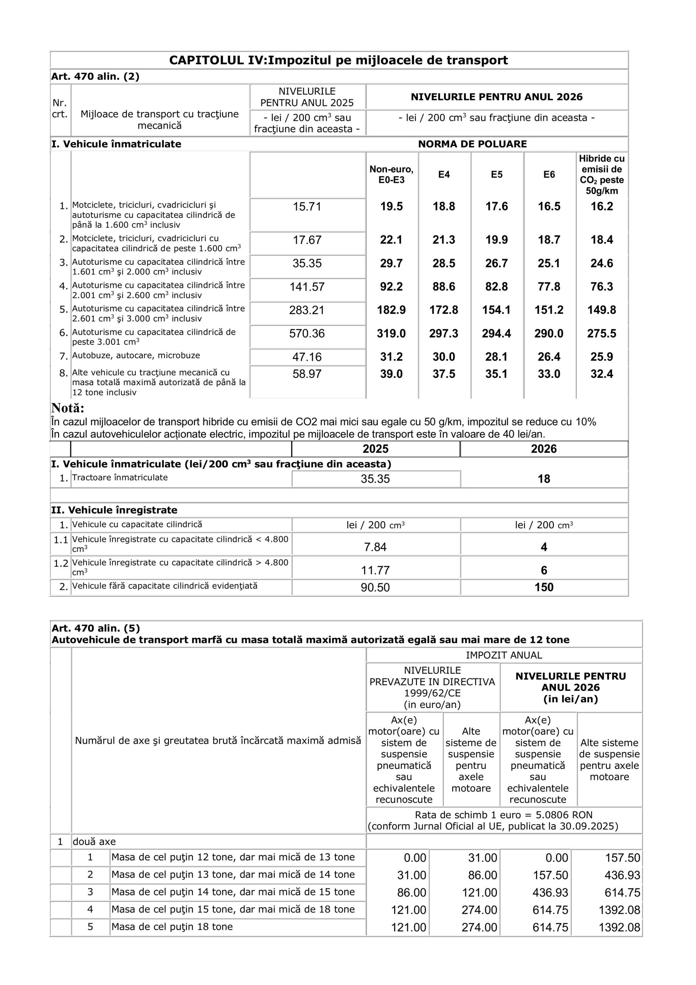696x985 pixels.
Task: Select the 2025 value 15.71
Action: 307,207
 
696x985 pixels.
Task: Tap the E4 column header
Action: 444,174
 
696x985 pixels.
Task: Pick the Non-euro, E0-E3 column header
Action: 391,174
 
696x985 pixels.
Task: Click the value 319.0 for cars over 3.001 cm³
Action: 391,333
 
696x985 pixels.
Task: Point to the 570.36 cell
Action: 307,333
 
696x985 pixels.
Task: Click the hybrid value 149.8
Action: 601,310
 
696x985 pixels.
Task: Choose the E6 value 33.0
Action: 549,374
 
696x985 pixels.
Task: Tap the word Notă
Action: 68,407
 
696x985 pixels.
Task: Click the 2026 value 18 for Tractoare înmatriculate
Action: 544,479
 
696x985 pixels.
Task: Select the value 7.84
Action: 375,547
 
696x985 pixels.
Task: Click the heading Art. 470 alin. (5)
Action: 96,628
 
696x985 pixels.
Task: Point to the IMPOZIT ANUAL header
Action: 504,655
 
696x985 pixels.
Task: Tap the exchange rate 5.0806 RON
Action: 564,815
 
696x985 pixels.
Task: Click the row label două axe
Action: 94,842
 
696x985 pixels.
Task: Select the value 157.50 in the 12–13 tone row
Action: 622,858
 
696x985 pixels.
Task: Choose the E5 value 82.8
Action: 496,287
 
